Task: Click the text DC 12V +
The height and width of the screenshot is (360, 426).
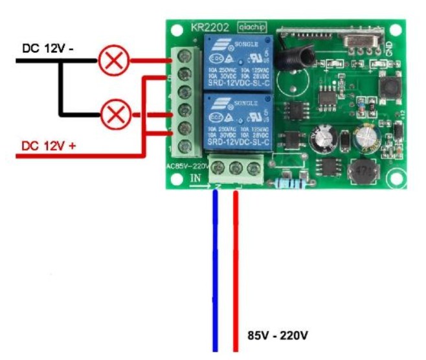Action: click(x=49, y=146)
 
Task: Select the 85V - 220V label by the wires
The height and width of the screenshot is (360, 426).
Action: click(x=278, y=336)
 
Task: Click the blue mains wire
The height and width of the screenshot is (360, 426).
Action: click(x=215, y=272)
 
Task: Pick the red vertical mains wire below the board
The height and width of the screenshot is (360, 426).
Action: click(x=236, y=272)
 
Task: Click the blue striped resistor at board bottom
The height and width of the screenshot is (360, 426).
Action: click(x=287, y=181)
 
